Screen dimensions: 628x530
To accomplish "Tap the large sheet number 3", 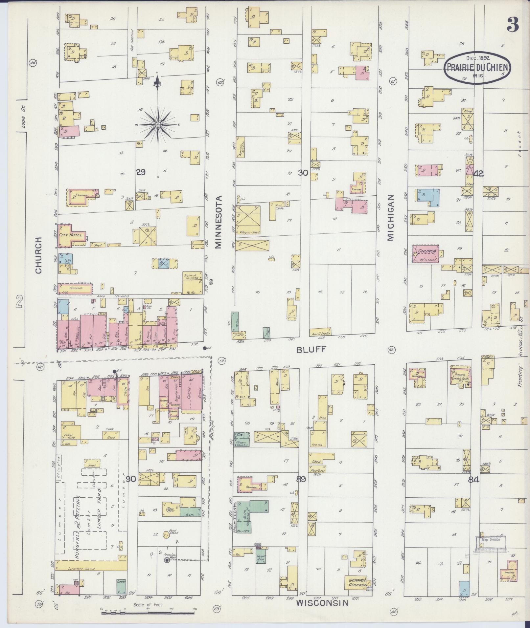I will click(512, 25).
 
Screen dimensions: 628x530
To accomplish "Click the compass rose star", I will click(158, 125).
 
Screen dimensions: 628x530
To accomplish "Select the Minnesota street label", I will click(219, 222).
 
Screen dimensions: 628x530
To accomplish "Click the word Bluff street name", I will click(311, 350).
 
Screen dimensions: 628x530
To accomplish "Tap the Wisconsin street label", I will click(322, 603).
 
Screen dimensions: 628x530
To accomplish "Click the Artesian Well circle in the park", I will click(167, 560).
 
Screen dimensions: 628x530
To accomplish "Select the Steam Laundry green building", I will click(242, 439).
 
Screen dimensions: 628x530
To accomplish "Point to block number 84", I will click(473, 480).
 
